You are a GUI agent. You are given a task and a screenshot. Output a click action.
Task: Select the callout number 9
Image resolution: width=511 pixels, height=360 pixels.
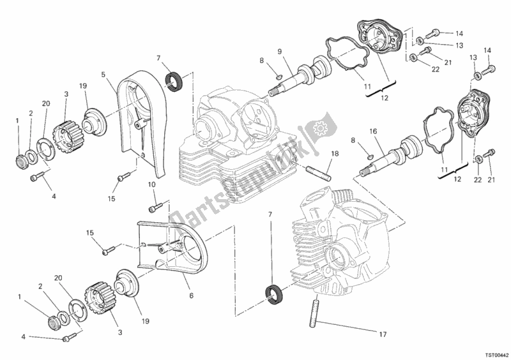[x=279, y=52]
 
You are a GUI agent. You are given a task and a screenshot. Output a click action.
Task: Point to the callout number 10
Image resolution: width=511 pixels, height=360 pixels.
[x=151, y=184]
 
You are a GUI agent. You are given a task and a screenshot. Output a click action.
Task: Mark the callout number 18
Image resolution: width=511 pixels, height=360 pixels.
[x=334, y=154]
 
